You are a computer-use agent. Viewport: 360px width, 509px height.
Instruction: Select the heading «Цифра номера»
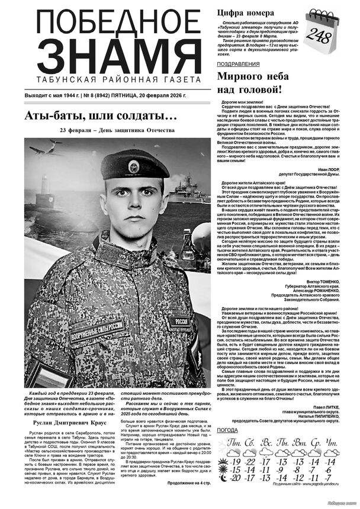pyautogui.click(x=245, y=12)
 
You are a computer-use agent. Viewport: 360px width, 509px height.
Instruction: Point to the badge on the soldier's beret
pyautogui.click(x=134, y=166)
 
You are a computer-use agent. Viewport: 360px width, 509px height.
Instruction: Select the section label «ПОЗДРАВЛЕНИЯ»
pyautogui.click(x=237, y=63)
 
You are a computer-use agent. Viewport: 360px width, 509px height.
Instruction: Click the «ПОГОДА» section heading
pyautogui.click(x=228, y=430)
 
